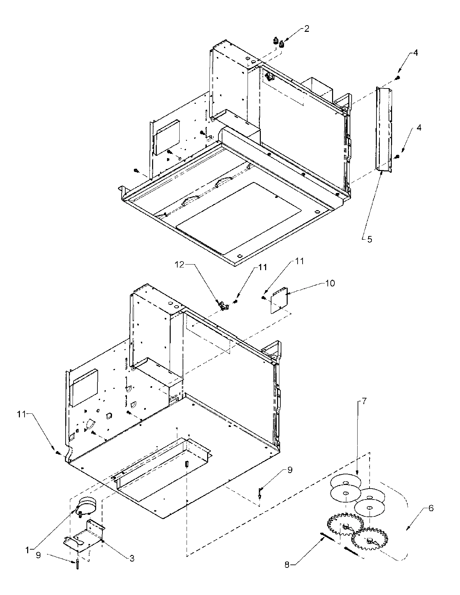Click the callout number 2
[307, 29]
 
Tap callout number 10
[330, 283]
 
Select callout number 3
[132, 559]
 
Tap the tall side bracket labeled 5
[384, 129]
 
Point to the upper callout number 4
[416, 53]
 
